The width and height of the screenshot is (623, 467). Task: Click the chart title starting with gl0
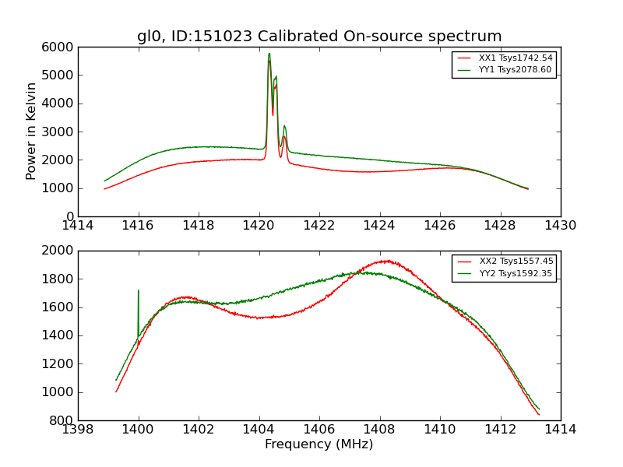(319, 37)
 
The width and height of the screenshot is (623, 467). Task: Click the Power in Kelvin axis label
(32, 131)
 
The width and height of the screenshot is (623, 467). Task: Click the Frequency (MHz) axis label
(319, 444)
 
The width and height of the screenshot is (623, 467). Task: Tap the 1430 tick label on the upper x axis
(560, 226)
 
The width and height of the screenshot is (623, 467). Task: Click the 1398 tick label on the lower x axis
(78, 430)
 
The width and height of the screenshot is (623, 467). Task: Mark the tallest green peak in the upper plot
(269, 54)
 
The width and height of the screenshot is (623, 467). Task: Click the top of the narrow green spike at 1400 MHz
(139, 290)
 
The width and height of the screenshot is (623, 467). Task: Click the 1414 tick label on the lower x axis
(560, 430)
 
